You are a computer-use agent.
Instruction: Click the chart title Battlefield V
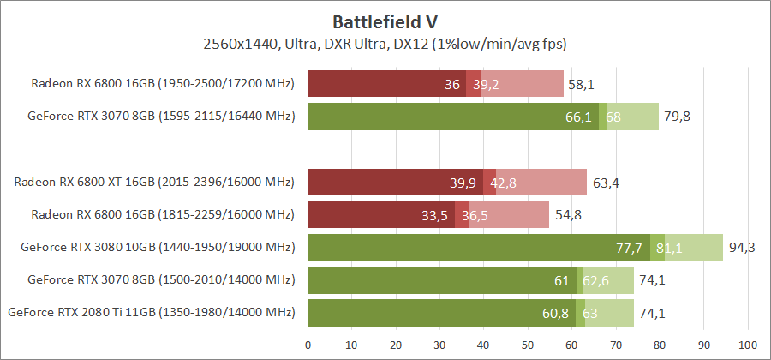tap(385, 21)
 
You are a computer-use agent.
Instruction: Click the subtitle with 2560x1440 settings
tap(385, 42)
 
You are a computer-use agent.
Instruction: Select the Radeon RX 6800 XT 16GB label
tap(154, 182)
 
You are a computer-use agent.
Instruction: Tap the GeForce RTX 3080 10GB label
tap(158, 247)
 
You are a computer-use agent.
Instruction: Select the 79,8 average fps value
tap(677, 117)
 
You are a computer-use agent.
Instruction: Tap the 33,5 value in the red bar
tap(435, 215)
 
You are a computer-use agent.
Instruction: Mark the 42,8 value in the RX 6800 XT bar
tap(503, 183)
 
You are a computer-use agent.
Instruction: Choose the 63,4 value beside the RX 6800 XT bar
tap(605, 183)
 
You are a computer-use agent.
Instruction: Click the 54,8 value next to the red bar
tap(567, 215)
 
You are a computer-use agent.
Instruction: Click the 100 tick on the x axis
tap(748, 345)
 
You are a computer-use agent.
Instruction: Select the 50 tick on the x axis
tap(528, 345)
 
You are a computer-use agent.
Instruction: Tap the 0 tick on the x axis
tap(308, 345)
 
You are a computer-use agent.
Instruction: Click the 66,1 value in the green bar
tap(578, 117)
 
